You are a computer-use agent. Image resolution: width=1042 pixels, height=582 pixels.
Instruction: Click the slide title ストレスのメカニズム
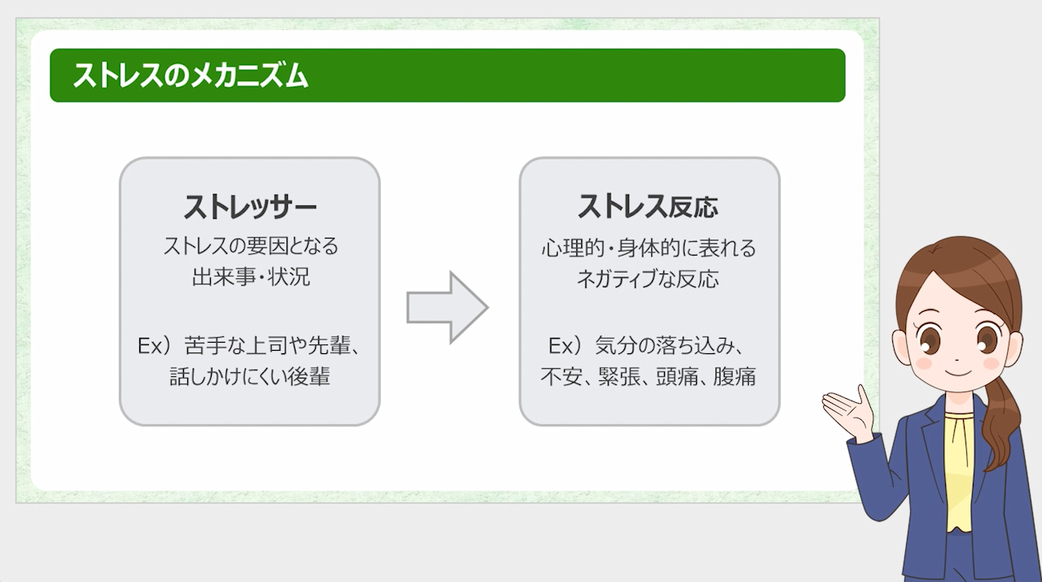click(190, 76)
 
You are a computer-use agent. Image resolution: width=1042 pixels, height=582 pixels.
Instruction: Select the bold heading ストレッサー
click(249, 207)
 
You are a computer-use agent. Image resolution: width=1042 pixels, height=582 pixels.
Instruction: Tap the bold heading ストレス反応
click(648, 207)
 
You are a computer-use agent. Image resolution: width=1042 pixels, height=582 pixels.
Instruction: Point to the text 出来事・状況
click(250, 277)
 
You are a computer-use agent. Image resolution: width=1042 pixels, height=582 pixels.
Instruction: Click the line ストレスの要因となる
click(250, 246)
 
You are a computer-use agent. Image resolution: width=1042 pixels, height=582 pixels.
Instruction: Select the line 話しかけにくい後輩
click(250, 377)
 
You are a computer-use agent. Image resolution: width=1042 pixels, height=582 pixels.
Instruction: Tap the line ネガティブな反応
click(648, 278)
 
